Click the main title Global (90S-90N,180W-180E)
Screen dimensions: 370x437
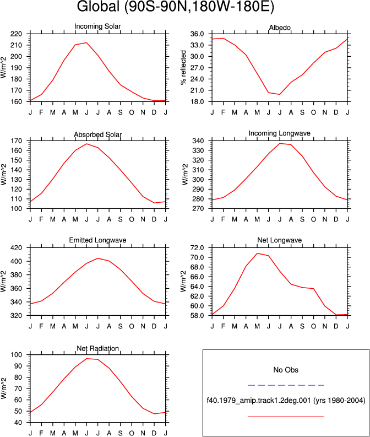176,7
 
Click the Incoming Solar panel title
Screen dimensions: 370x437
97,26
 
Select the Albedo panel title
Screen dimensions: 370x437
280,28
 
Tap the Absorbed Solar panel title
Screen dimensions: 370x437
97,134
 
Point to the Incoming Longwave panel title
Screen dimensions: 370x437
280,133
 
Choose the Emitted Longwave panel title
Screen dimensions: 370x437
97,240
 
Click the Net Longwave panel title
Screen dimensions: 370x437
280,240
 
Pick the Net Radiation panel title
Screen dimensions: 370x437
97,348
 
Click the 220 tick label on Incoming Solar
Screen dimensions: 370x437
16,34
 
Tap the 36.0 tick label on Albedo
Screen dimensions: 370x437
197,34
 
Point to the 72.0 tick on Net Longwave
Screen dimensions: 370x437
197,248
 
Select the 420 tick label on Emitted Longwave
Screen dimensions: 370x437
16,248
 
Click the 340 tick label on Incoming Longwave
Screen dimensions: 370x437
198,141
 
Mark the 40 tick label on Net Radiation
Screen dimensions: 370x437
18,423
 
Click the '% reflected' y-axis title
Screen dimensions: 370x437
183,68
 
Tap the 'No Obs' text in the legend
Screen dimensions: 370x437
286,370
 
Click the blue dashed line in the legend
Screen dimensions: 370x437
286,385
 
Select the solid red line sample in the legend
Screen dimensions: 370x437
286,417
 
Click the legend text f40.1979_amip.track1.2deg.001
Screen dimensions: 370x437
259,401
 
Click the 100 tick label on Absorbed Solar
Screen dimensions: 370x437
16,209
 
